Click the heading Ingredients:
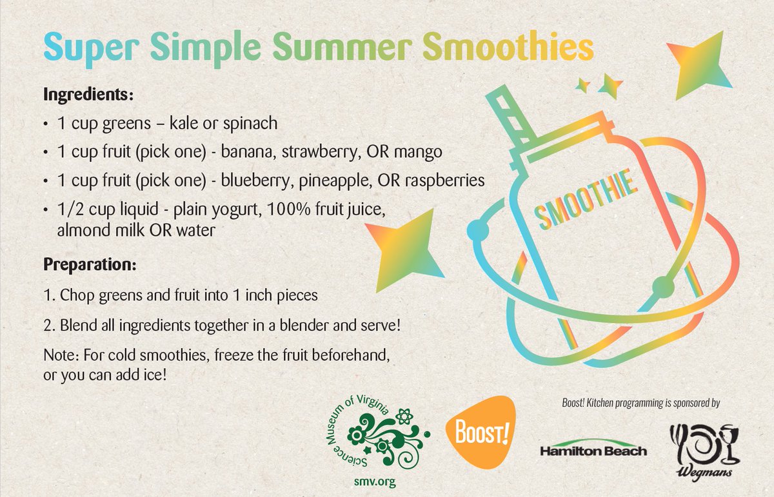[88, 95]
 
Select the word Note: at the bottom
[60, 355]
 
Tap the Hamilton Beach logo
[592, 450]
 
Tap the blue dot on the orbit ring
[475, 229]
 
